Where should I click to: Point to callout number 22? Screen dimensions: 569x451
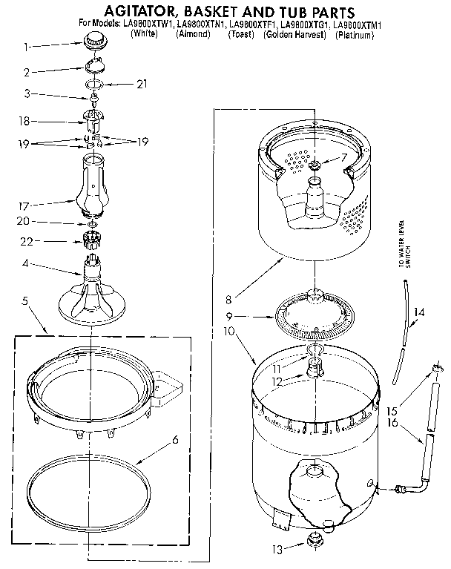[25, 240]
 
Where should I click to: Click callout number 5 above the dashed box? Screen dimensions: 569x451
[25, 301]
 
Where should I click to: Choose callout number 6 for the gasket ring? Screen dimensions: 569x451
[175, 440]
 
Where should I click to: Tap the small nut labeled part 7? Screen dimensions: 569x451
[315, 164]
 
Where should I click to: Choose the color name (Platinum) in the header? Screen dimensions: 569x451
[355, 34]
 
